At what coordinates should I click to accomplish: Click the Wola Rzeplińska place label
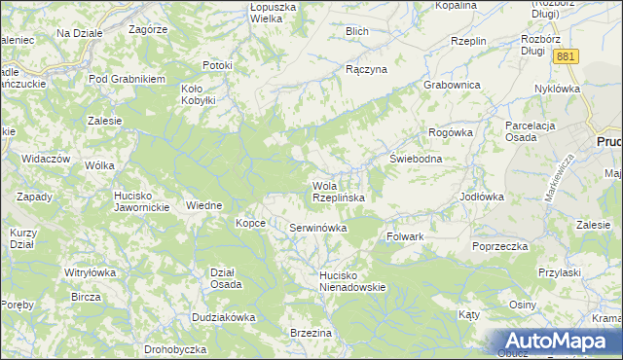click(x=338, y=192)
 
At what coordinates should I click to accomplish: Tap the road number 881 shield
click(x=567, y=57)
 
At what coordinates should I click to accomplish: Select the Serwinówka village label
click(x=318, y=228)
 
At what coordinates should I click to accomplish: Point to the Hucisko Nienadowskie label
click(x=353, y=281)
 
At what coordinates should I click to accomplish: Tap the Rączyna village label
click(x=367, y=70)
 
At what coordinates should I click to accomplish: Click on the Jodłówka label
click(x=481, y=196)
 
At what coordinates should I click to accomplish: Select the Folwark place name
click(x=405, y=236)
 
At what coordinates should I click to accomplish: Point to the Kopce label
click(x=250, y=223)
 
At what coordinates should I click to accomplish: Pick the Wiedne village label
click(x=204, y=205)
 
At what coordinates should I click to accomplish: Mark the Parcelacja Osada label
click(x=535, y=131)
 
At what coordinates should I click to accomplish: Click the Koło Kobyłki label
click(x=203, y=93)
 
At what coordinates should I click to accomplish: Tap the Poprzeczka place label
click(x=499, y=246)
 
